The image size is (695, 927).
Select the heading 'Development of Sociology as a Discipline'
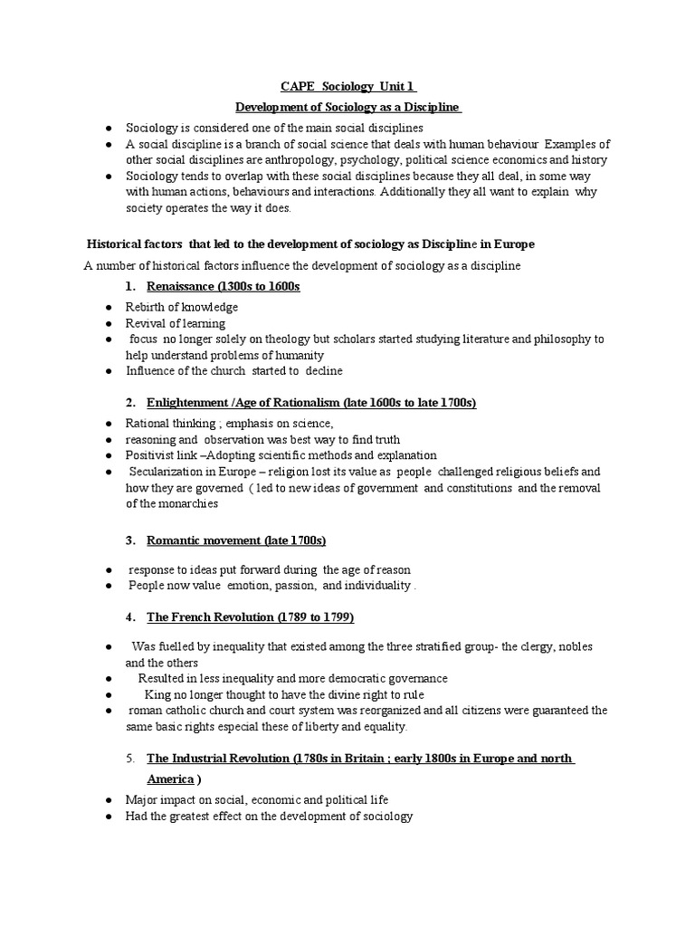click(348, 108)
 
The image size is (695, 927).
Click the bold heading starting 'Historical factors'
click(310, 244)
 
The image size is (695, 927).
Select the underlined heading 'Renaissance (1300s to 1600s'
click(224, 286)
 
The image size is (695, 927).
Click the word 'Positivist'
click(152, 455)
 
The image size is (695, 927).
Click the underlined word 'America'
click(170, 779)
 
